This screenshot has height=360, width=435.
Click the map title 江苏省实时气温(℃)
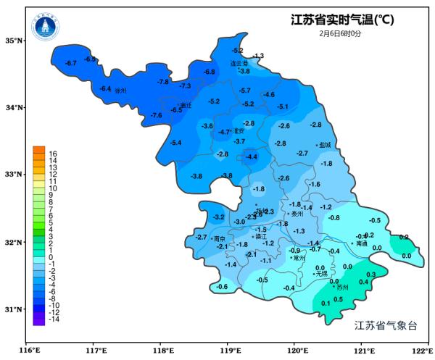[341, 20]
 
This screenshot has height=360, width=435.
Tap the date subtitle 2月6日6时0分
[341, 33]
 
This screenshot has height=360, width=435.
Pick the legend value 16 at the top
[53, 154]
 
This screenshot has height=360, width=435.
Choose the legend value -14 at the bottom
[54, 319]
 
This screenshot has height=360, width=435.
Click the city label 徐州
[120, 91]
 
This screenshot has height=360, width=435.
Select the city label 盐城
[324, 145]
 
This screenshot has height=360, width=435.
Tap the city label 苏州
[343, 288]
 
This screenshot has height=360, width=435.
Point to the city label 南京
[219, 238]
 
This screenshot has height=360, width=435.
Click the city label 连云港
[240, 63]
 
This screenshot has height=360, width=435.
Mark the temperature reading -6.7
[70, 64]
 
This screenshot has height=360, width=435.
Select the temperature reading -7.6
[156, 116]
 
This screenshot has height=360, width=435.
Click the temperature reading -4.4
[251, 157]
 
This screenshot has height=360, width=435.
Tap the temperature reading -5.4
[175, 143]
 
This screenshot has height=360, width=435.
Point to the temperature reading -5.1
[283, 106]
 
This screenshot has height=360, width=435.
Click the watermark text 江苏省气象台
[386, 326]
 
